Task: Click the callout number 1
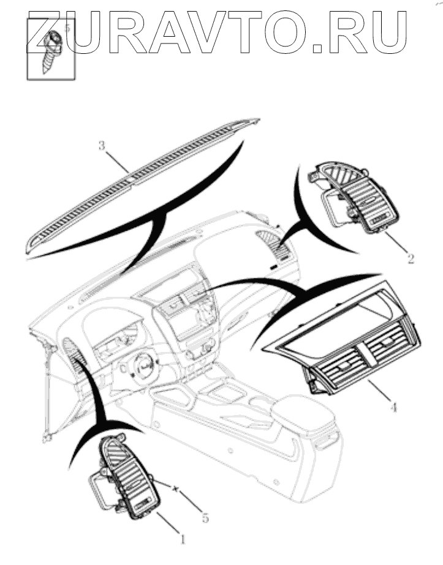point(182,539)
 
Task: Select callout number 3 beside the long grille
point(102,145)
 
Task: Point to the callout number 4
point(393,405)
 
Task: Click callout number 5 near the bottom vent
point(205,518)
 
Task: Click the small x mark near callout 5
point(176,489)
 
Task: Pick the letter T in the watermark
point(245,31)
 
